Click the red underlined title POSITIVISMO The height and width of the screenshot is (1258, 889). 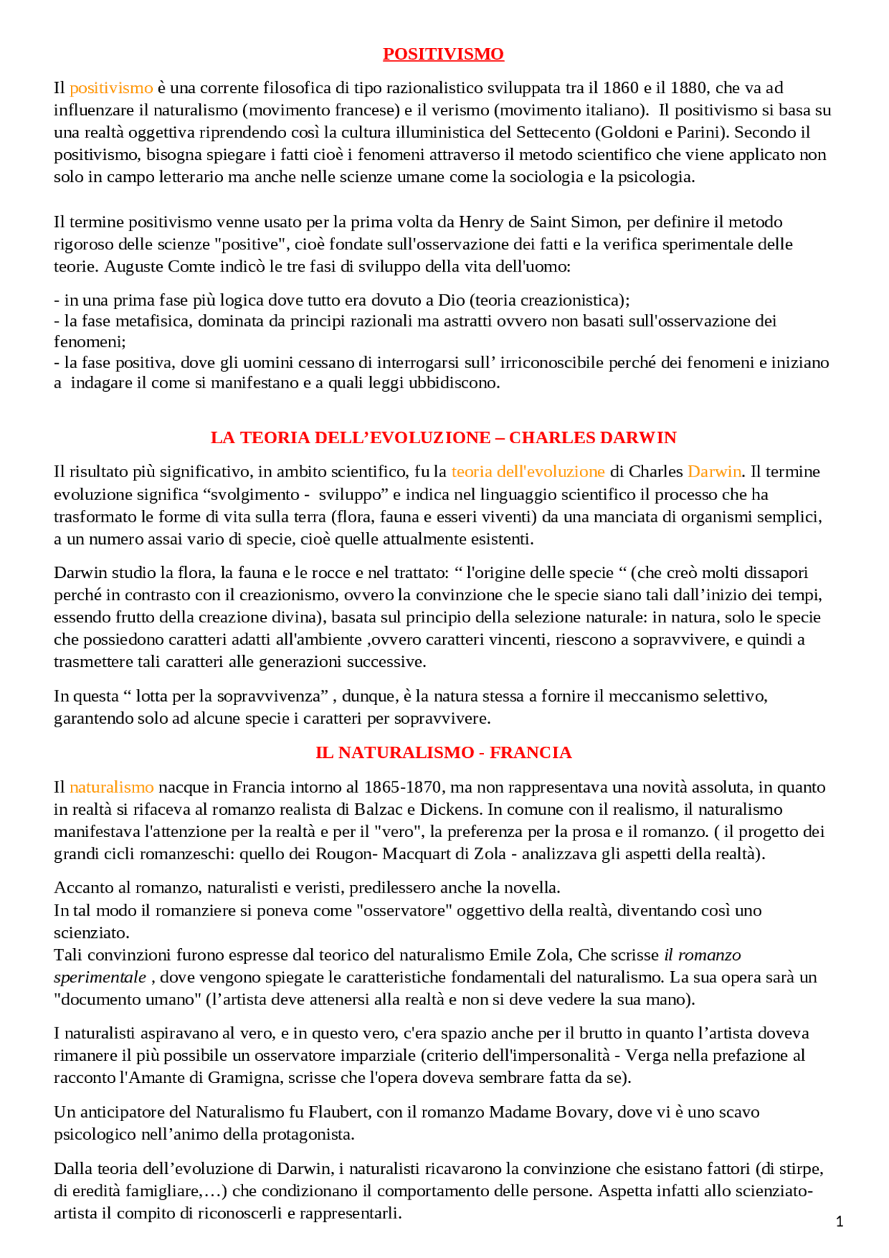(443, 53)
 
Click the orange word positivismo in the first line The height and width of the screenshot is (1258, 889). (111, 88)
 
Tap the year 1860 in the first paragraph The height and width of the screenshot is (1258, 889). (620, 88)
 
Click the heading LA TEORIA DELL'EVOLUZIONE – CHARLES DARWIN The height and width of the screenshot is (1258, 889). (443, 437)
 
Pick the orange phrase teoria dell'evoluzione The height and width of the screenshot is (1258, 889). (528, 471)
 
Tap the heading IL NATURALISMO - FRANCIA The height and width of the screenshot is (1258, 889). (443, 752)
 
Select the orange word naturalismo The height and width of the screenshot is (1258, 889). (111, 786)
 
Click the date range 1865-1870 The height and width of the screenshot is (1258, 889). (403, 786)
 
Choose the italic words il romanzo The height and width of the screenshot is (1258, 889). (702, 954)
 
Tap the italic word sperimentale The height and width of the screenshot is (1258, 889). (100, 977)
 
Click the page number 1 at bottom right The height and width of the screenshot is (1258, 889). (839, 1221)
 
